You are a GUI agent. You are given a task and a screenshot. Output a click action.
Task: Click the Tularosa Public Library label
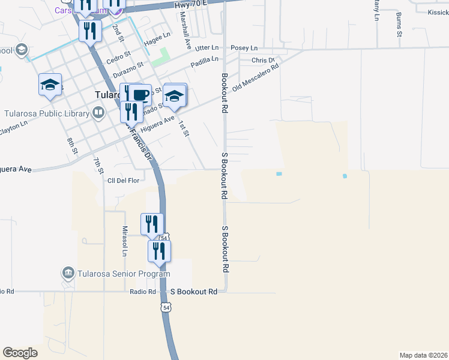[45, 112]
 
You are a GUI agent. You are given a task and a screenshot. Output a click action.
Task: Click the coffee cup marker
[140, 95]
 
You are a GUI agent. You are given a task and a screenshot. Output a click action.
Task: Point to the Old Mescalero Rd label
[256, 77]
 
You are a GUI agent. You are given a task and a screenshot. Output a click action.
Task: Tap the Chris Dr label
[263, 61]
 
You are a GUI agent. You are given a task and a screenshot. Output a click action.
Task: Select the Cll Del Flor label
[123, 180]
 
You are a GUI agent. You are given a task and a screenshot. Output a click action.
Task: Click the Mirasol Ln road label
[125, 241]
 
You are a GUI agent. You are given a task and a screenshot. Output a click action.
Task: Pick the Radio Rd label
[143, 292]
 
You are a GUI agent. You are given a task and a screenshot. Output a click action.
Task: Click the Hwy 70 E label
[191, 5]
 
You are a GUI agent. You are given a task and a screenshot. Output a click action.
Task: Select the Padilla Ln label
[205, 60]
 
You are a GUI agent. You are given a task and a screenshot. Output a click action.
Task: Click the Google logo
[20, 353]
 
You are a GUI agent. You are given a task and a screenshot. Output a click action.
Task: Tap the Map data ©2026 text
[423, 355]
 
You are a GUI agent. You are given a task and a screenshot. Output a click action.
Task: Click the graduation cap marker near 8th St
[50, 85]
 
